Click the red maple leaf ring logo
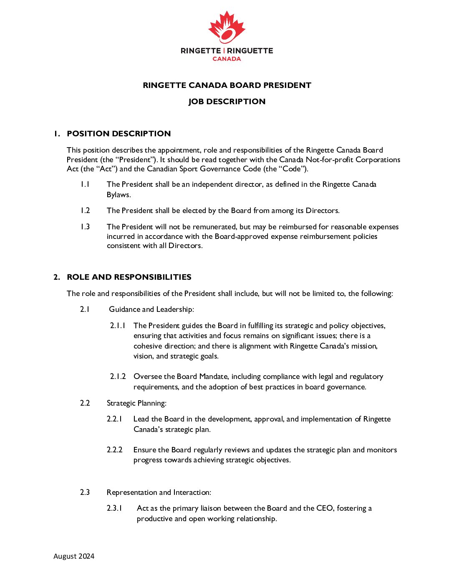(227, 28)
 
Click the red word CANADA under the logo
(227, 59)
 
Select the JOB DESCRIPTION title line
(227, 101)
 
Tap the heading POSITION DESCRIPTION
(119, 133)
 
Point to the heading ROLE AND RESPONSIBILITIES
(129, 277)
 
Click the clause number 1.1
(85, 184)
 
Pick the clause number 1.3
(85, 227)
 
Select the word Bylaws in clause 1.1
(118, 195)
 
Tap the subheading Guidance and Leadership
(151, 309)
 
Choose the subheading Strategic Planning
(136, 403)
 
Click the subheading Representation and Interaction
(159, 492)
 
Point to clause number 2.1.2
(118, 376)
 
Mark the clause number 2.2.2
(114, 450)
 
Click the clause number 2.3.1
(114, 508)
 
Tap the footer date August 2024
(74, 556)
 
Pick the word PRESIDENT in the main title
(287, 85)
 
